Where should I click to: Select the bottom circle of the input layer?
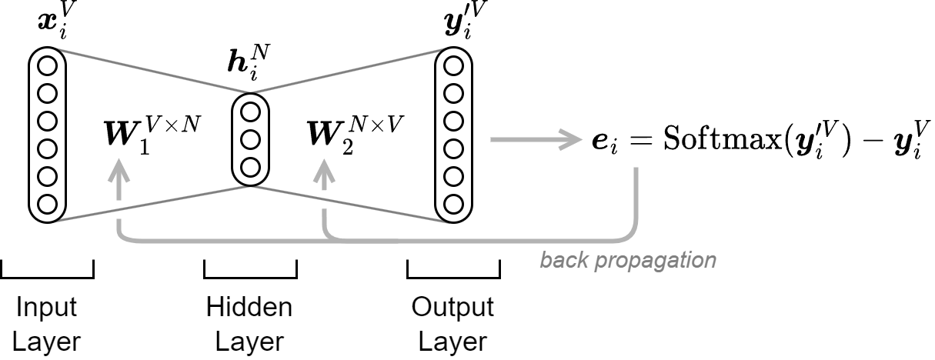[47, 204]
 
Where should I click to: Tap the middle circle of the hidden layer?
[250, 139]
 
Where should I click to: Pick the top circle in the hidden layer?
[250, 112]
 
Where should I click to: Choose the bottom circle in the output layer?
[453, 205]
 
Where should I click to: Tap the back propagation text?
[627, 260]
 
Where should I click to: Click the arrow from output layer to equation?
[534, 139]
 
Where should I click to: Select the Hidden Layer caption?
[249, 324]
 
